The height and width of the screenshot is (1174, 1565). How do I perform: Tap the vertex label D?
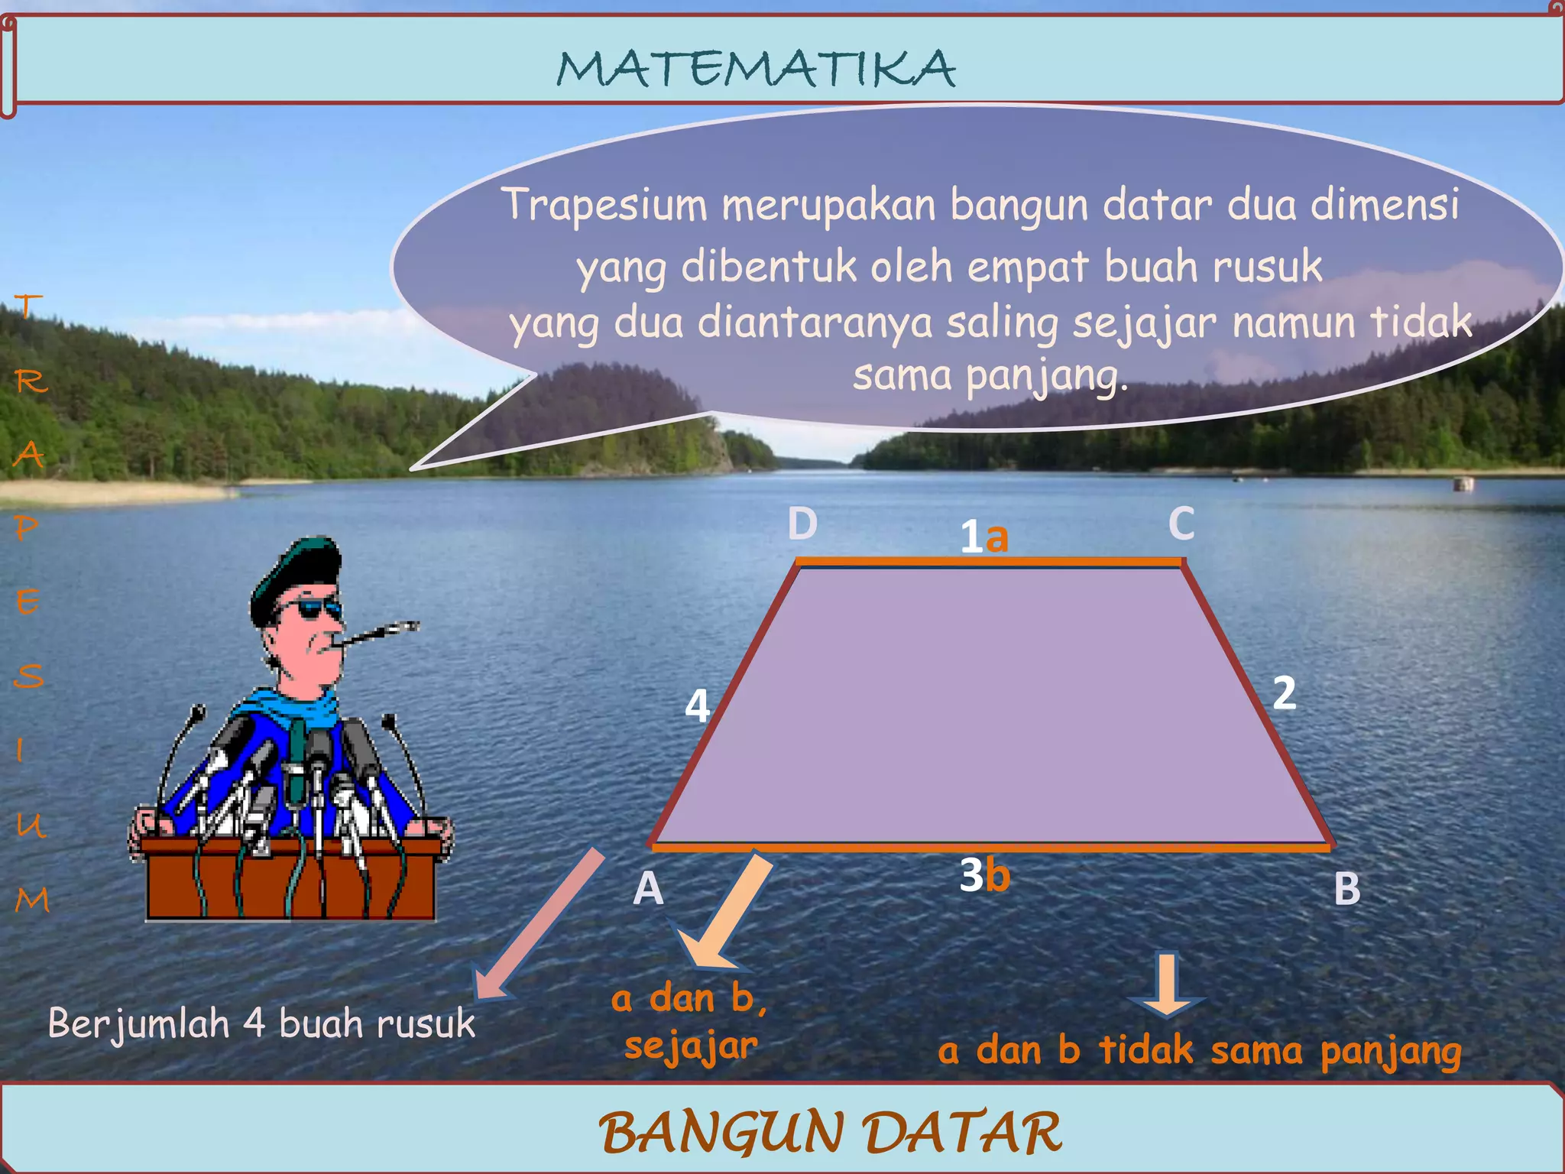tap(802, 524)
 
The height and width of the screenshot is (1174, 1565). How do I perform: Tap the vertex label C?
tap(1181, 524)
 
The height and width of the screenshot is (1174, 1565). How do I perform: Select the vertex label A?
tap(648, 889)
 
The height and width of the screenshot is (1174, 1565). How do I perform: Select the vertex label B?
tap(1347, 889)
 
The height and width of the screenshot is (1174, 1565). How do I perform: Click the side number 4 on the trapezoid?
tap(697, 705)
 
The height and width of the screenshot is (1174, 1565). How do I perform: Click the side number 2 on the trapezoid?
tap(1284, 693)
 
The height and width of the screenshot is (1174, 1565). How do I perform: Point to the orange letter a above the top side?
tap(996, 537)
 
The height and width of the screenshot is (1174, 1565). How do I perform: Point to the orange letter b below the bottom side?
tap(997, 875)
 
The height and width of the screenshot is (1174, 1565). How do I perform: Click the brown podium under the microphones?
tap(290, 879)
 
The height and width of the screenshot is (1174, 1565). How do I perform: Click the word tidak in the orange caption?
tap(1145, 1050)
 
